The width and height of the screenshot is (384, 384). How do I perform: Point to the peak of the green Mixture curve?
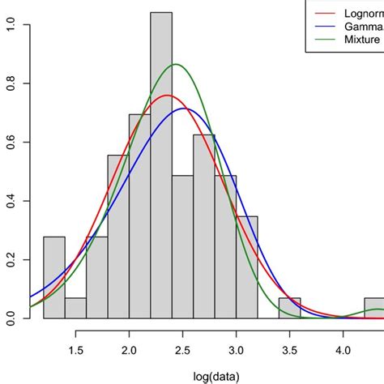[x=175, y=65]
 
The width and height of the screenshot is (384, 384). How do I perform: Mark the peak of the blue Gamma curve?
[x=184, y=109]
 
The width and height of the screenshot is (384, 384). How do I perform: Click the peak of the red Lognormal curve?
[x=167, y=96]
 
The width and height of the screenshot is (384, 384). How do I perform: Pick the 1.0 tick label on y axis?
[x=10, y=25]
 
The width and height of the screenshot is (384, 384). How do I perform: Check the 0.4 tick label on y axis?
[x=10, y=201]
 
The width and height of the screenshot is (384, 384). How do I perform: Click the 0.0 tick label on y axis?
[x=10, y=318]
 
